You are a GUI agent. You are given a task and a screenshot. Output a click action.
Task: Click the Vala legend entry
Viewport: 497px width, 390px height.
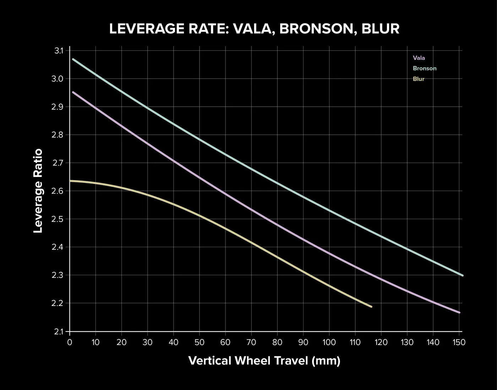[419, 58]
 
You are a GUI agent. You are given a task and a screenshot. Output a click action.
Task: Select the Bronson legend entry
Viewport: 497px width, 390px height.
[424, 68]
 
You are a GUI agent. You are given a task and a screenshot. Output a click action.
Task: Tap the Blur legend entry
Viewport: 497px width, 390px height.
[419, 79]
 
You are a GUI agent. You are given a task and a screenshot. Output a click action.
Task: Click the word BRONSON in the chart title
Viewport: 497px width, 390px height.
[317, 29]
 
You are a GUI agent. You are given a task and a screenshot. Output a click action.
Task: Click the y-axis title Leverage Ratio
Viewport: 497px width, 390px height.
[38, 191]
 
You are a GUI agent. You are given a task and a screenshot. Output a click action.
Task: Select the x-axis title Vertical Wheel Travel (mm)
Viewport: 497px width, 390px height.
[264, 361]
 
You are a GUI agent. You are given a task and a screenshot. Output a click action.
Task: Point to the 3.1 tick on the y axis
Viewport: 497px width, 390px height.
[59, 51]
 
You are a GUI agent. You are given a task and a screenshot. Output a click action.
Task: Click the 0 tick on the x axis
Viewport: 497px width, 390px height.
[70, 342]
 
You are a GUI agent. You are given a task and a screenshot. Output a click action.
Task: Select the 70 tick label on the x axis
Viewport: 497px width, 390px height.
[251, 342]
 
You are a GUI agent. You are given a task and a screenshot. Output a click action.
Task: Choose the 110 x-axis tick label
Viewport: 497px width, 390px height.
[355, 342]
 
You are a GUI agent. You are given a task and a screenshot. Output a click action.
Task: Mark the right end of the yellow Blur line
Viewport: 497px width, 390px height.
[371, 307]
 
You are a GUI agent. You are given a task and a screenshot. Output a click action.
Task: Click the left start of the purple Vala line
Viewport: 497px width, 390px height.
[73, 92]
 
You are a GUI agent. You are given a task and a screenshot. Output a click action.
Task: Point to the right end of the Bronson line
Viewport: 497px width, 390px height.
[462, 275]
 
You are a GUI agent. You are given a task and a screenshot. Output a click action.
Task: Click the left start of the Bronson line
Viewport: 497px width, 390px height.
[73, 59]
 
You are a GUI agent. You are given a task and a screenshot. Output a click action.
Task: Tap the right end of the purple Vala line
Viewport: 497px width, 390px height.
[459, 313]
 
